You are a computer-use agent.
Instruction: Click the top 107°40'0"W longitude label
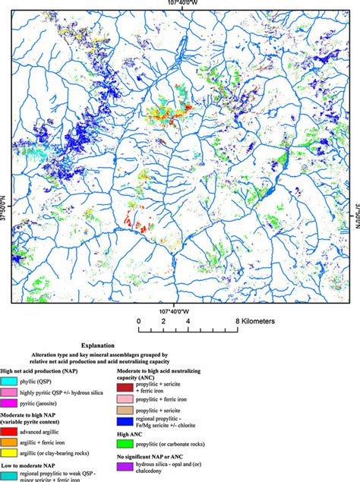(180, 4)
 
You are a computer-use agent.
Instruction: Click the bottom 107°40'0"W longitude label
(180, 310)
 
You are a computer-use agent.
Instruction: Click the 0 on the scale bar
(139, 321)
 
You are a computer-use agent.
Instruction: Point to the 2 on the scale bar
(163, 321)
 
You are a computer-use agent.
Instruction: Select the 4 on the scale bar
(188, 321)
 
